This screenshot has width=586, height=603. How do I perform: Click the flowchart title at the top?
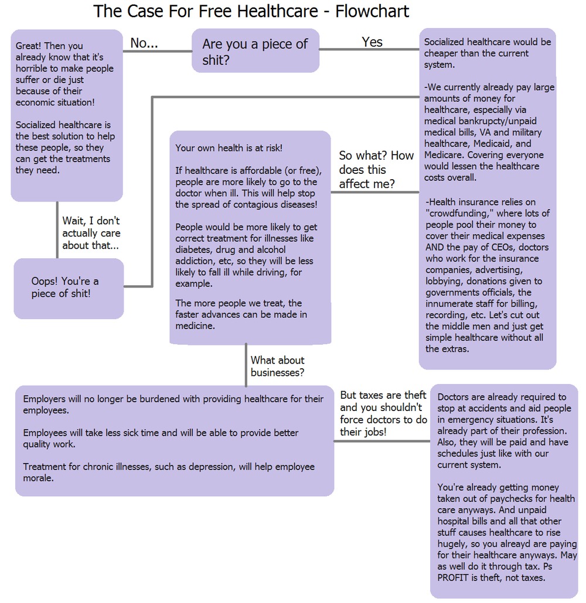pos(251,11)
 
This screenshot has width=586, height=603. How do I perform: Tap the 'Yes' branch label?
pos(372,42)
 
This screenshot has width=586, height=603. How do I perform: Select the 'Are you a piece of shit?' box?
pos(255,51)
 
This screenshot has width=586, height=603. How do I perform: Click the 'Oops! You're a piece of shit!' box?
pos(69,287)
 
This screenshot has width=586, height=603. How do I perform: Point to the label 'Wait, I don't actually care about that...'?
pos(91,233)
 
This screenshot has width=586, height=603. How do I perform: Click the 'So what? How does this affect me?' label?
pos(376,170)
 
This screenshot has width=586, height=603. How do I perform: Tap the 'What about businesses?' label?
pos(278,366)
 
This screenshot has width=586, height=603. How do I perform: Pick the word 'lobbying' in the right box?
pos(443,281)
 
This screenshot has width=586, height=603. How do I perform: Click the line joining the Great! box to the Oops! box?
pos(57,229)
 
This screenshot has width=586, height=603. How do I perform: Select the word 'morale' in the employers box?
pos(38,478)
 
